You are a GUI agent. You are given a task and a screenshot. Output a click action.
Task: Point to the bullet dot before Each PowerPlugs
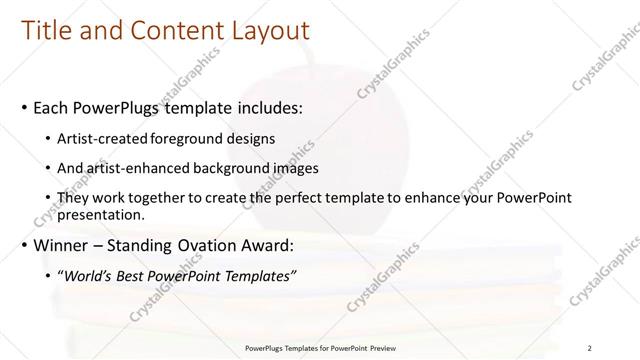pos(25,106)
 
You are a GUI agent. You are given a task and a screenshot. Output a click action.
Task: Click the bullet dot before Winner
pos(25,245)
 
